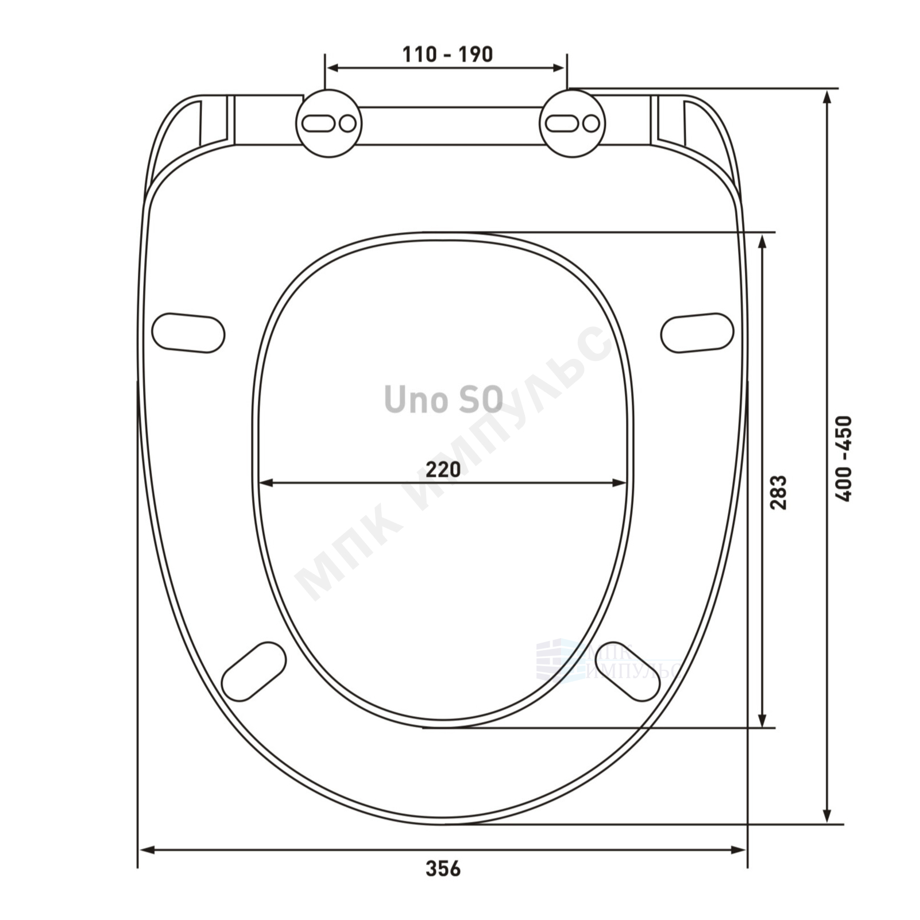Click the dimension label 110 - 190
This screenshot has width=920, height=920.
(x=447, y=55)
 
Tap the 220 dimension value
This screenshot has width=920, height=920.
(x=443, y=469)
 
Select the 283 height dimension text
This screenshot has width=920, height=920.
(x=778, y=492)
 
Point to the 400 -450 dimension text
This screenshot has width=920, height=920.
(x=844, y=459)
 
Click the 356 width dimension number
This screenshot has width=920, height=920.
(x=443, y=869)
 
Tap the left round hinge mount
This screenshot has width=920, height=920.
(x=329, y=123)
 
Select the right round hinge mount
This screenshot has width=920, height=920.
(x=572, y=123)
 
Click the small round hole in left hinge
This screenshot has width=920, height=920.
(x=347, y=123)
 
